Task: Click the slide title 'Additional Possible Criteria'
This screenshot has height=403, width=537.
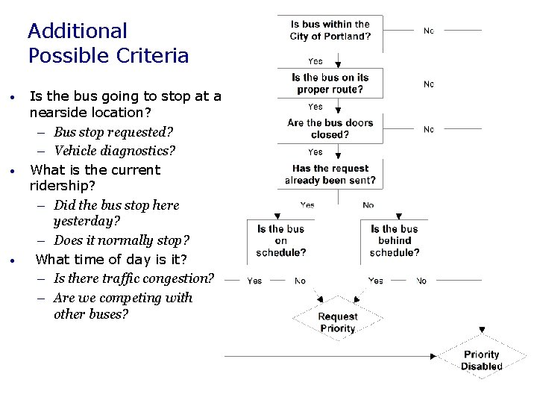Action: coord(108,43)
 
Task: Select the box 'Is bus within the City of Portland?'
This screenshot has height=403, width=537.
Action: coord(330,31)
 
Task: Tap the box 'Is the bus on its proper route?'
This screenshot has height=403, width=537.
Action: coord(330,83)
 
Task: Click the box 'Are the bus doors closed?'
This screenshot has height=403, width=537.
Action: coord(330,128)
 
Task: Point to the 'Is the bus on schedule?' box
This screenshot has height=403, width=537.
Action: coord(280,240)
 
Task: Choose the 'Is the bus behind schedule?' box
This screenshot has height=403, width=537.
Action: coord(395,240)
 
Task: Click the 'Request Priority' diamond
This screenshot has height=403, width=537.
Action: coord(337,322)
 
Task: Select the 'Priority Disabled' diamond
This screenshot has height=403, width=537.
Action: coord(481,360)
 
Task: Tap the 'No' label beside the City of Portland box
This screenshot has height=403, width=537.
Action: coord(429,31)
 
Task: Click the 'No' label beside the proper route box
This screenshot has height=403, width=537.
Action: coord(429,84)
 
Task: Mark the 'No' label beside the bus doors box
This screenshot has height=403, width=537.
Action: coord(429,129)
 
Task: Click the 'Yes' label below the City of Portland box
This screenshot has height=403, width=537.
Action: coord(315,61)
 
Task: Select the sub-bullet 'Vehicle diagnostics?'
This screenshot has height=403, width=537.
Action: coord(114,151)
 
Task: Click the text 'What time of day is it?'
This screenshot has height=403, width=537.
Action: coord(112,259)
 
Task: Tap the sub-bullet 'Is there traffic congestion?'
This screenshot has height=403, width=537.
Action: coord(134,278)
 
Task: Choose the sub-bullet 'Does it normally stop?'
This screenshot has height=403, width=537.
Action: coord(122,240)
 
